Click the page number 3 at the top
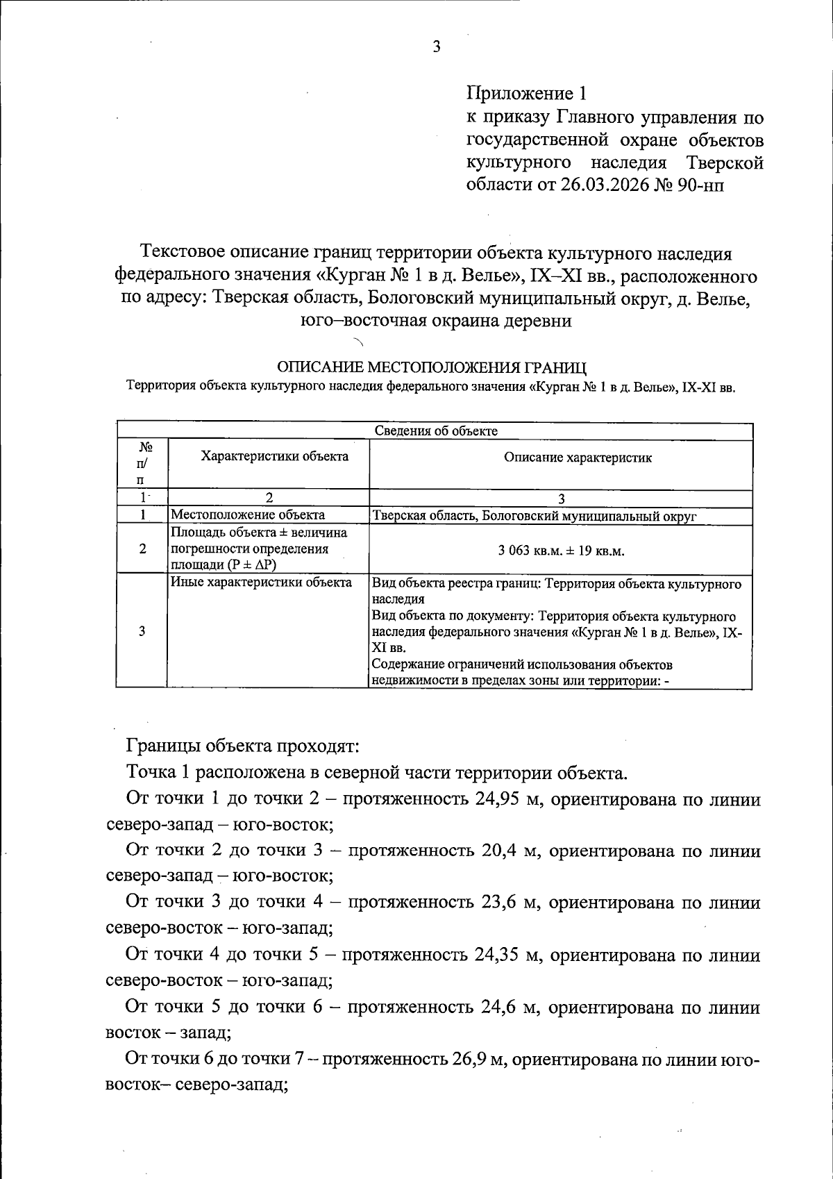coord(437,47)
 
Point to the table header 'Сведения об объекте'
coord(436,430)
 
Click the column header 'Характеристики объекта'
coord(274,456)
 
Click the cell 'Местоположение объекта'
coord(248,515)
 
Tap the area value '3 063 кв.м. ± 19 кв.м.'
coord(561,551)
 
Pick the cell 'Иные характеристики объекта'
coord(261,583)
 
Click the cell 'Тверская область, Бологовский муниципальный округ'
coord(535,516)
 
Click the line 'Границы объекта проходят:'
coord(242,746)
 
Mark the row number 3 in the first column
coord(142,630)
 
